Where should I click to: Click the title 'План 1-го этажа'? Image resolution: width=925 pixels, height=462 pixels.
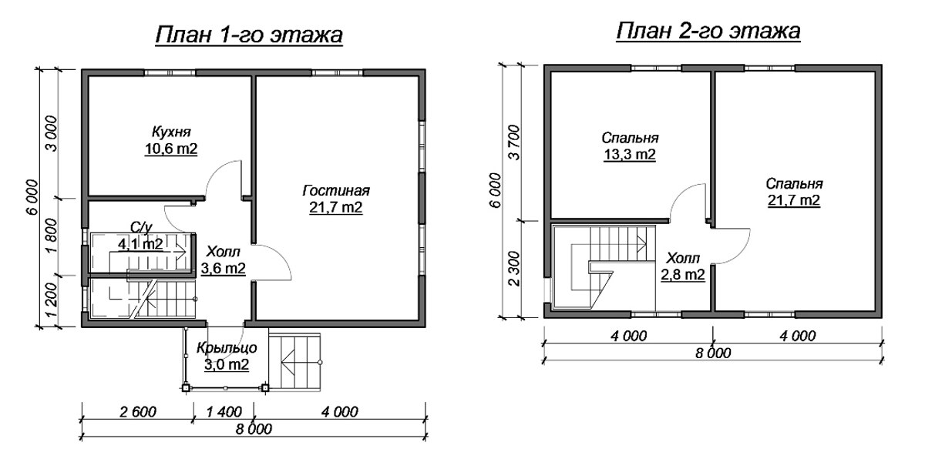(x=249, y=35)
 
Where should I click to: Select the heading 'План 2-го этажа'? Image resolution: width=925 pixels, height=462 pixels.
(x=708, y=32)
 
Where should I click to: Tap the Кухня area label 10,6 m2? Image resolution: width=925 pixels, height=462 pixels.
(x=171, y=149)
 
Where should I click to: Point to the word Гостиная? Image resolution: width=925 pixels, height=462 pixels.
(x=336, y=191)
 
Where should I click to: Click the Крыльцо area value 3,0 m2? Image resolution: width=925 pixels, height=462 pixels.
(x=227, y=365)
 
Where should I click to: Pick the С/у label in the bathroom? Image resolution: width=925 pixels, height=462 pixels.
(x=142, y=228)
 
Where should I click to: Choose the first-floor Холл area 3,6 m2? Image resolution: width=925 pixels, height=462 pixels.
(x=223, y=269)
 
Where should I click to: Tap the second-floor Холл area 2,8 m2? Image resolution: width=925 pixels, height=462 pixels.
(x=683, y=274)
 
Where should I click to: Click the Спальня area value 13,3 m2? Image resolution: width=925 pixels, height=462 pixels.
(x=629, y=155)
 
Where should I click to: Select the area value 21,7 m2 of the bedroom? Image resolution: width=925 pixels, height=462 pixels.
(x=794, y=200)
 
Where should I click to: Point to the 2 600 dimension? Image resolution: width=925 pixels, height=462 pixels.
(x=138, y=412)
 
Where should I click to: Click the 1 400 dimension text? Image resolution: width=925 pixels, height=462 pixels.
(x=224, y=412)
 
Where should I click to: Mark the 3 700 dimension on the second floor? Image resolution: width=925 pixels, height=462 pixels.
(x=515, y=142)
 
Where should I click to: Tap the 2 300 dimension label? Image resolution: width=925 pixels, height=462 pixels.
(x=515, y=268)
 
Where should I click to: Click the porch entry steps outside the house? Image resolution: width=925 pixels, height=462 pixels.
(x=294, y=362)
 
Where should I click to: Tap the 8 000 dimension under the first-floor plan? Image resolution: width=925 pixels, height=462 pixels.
(x=254, y=429)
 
